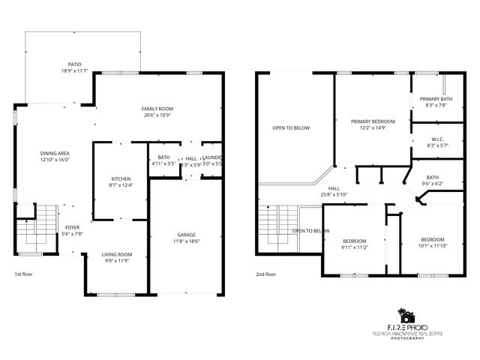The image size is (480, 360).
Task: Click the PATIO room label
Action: (x=75, y=64)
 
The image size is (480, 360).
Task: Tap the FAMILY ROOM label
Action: (x=157, y=109)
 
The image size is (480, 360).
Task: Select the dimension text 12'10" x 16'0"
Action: (x=54, y=160)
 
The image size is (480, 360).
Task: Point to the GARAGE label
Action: (x=186, y=235)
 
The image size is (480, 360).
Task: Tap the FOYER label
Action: (x=72, y=227)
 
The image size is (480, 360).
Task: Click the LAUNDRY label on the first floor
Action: (x=212, y=158)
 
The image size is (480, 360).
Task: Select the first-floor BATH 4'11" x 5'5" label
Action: (x=163, y=158)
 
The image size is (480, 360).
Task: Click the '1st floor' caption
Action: (x=22, y=274)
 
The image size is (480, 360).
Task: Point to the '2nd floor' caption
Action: (x=266, y=274)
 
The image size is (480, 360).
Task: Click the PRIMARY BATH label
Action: (x=436, y=99)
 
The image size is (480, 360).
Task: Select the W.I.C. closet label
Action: (x=436, y=138)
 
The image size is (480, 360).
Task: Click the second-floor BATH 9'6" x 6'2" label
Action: (x=433, y=177)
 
